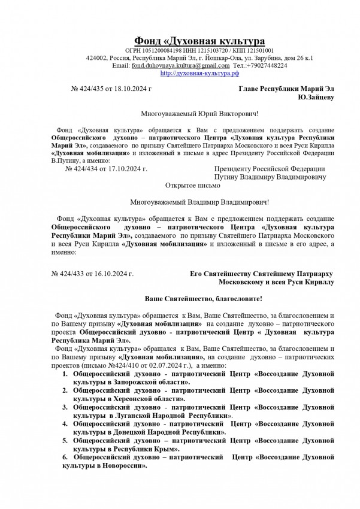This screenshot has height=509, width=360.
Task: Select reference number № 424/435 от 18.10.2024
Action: (111, 89)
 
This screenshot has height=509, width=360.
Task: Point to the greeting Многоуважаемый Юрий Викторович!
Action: (199, 114)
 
